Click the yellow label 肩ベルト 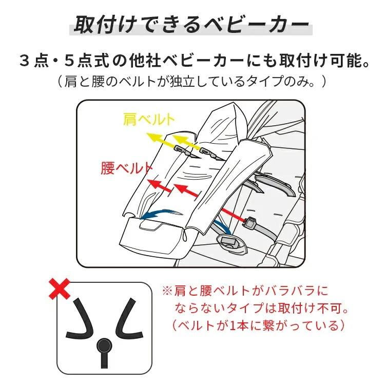tap(149, 120)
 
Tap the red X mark tap(61, 288)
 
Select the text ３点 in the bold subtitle tap(31, 62)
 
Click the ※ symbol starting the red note tap(167, 291)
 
